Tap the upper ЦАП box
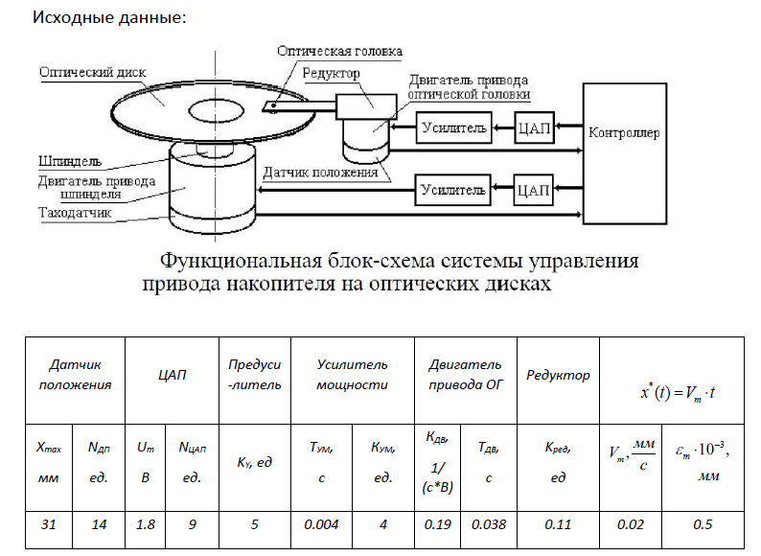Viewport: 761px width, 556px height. coord(535,127)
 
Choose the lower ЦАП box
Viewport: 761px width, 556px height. coord(532,190)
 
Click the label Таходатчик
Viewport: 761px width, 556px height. coord(76,213)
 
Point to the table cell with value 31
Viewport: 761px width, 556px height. coord(49,525)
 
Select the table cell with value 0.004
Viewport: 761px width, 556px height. coord(323,525)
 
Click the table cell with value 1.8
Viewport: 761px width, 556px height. coord(145,525)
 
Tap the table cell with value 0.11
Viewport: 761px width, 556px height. coord(557,525)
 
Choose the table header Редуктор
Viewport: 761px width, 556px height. coord(558,375)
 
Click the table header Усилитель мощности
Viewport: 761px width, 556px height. coord(352,375)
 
